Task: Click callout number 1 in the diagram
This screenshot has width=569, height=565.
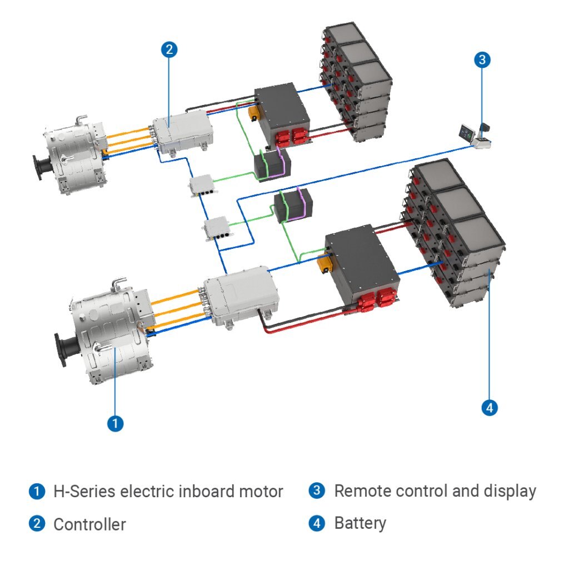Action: point(115,423)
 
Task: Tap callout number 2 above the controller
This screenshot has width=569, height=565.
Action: point(169,49)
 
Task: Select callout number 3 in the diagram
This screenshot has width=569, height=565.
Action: point(482,60)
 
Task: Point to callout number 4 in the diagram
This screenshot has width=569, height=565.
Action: point(489,407)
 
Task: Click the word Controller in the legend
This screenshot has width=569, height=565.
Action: point(89,524)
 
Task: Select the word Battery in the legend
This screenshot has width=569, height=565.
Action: point(360,523)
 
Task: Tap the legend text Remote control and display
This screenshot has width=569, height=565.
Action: point(435,491)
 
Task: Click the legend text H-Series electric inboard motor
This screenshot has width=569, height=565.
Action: point(168,491)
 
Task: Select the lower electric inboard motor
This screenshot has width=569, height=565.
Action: point(108,339)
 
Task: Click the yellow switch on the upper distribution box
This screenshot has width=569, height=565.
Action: point(253,113)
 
